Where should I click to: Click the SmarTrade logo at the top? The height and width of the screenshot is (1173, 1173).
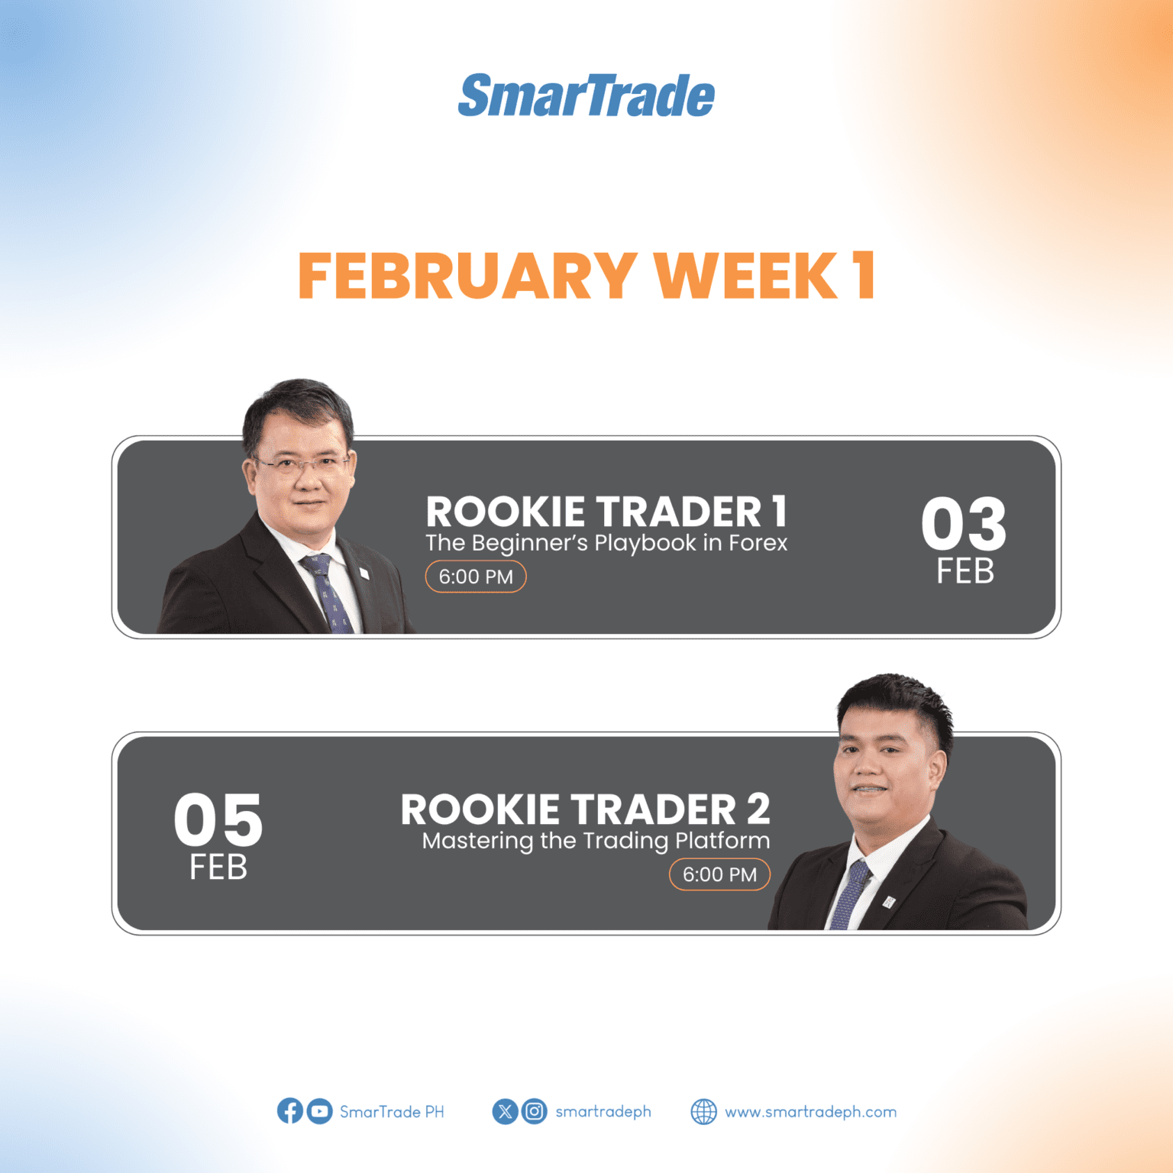(586, 96)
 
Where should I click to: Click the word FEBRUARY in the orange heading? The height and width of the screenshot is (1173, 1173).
(467, 276)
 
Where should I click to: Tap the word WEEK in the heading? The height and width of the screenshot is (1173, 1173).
(745, 276)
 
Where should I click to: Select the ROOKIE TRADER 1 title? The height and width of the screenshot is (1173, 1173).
(606, 512)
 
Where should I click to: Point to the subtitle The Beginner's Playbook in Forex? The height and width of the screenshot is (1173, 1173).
(606, 543)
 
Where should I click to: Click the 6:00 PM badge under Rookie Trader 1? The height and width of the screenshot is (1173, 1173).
(476, 577)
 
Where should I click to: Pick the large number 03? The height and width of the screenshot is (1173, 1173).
(964, 524)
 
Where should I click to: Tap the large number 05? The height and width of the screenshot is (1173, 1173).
(218, 820)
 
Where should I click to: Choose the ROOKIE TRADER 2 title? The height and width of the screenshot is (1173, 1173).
(585, 809)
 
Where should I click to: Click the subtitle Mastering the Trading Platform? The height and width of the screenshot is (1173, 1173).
(596, 841)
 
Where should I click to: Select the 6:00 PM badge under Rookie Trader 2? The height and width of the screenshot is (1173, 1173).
(719, 874)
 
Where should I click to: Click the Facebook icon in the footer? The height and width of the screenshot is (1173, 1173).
(290, 1111)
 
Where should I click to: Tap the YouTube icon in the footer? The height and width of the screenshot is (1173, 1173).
(319, 1111)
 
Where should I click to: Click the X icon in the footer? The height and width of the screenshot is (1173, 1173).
(505, 1111)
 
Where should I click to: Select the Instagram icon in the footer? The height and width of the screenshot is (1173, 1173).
(535, 1111)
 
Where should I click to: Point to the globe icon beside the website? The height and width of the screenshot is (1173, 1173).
(703, 1112)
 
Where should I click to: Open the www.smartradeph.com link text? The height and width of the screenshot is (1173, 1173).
(810, 1112)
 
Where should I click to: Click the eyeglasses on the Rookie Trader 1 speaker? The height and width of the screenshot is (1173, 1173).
(302, 464)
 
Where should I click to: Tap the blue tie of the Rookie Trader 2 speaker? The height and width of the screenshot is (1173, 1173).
(850, 893)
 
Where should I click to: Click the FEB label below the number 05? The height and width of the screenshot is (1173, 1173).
(218, 868)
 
